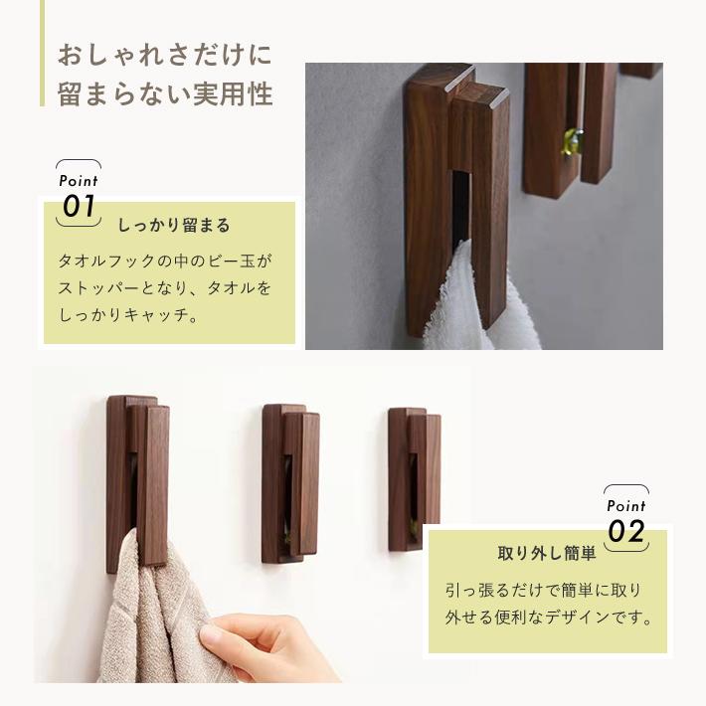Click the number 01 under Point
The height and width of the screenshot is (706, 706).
[x=79, y=206]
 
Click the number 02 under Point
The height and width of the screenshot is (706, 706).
[x=626, y=531]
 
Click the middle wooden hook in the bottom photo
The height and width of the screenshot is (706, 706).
[x=290, y=484]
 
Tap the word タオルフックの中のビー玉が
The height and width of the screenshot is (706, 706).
[x=165, y=262]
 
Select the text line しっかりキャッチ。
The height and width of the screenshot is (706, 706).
[x=129, y=316]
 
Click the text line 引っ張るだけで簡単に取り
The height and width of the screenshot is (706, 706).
[x=543, y=590]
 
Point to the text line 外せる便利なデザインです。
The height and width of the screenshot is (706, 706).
[x=549, y=618]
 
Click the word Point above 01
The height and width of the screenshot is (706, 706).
[x=79, y=181]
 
